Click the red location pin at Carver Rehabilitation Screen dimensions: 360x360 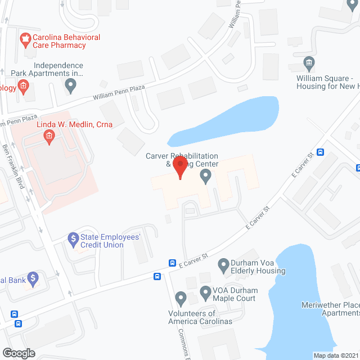pyautogui.click(x=179, y=167)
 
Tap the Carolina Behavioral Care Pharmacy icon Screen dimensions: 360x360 pyautogui.click(x=24, y=39)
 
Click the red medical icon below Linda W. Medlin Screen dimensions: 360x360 pyautogui.click(x=49, y=136)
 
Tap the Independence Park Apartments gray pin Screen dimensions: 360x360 pyautogui.click(x=70, y=86)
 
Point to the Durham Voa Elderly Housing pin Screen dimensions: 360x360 pyautogui.click(x=223, y=264)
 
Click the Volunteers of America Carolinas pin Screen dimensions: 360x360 pyautogui.click(x=181, y=297)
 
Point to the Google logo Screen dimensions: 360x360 pyautogui.click(x=19, y=353)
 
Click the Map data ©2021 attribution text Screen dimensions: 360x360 pyautogui.click(x=335, y=355)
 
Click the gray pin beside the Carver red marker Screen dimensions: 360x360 pyautogui.click(x=206, y=177)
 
